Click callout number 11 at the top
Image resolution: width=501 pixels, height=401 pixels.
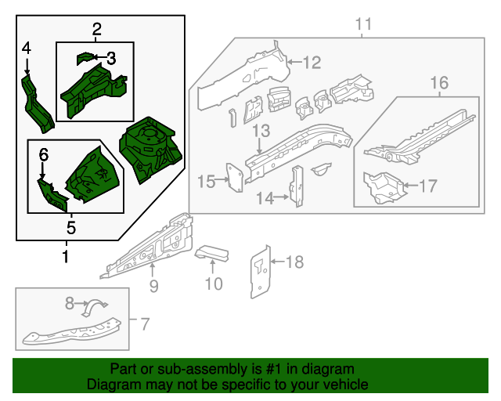(x=362, y=25)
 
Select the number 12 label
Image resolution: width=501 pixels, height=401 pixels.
(x=312, y=62)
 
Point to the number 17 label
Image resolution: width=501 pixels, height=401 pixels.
(x=427, y=186)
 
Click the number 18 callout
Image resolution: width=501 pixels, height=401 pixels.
(x=294, y=262)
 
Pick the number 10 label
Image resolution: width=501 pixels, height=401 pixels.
(x=214, y=283)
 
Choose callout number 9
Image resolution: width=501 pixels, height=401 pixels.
(x=153, y=286)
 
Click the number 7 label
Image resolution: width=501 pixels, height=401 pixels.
(x=143, y=322)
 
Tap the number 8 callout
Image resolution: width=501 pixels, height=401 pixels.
(x=70, y=302)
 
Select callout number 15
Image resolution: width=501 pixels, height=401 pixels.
(x=206, y=182)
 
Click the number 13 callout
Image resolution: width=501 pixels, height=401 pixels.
(x=261, y=130)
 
